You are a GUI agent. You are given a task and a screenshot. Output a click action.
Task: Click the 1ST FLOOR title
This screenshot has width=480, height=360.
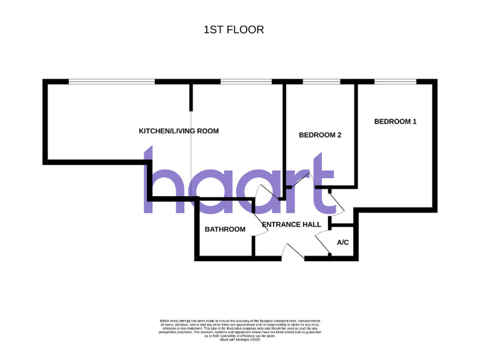click(x=234, y=29)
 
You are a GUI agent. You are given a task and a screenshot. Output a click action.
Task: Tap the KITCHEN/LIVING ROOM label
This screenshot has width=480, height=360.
click(x=179, y=131)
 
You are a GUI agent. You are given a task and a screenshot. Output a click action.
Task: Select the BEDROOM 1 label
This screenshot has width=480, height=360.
click(x=395, y=121)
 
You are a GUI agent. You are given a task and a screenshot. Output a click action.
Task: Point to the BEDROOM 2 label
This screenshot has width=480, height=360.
click(x=320, y=135)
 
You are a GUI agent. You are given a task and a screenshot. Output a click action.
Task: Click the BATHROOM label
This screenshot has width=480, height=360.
click(x=225, y=229)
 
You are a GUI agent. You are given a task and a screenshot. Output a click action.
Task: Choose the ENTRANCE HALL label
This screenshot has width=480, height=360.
click(x=291, y=224)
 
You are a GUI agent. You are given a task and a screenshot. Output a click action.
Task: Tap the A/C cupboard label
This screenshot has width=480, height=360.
click(x=342, y=242)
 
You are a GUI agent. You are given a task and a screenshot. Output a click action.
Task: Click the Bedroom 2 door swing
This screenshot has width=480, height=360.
click(x=299, y=181)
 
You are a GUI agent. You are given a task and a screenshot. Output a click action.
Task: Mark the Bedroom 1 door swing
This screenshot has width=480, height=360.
click(x=334, y=201)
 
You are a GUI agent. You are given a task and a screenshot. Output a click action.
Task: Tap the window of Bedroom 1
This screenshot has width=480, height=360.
click(x=395, y=81)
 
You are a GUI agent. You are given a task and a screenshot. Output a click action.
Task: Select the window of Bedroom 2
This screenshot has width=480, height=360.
click(x=321, y=81)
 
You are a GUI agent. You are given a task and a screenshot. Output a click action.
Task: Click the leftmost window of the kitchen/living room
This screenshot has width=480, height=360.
click(x=111, y=81)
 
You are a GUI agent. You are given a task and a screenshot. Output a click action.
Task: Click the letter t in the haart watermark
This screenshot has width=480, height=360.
click(x=322, y=181)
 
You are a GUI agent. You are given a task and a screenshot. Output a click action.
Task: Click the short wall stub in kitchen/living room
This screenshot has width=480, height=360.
click(x=191, y=96)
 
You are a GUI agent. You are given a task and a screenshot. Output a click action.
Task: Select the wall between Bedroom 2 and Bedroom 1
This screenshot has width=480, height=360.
click(x=356, y=134)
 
